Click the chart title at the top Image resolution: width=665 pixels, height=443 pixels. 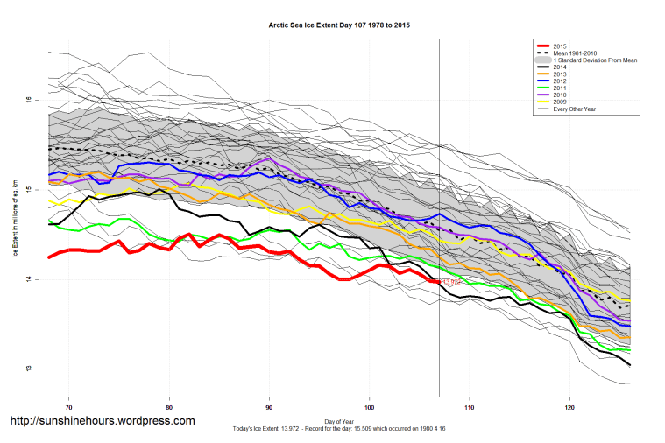339,25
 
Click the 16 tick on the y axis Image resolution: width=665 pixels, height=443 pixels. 29,100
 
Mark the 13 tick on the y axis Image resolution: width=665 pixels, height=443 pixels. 29,369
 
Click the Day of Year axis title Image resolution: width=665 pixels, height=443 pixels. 339,421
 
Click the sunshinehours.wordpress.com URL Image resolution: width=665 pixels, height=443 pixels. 102,421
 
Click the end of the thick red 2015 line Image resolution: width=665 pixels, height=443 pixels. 438,282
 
